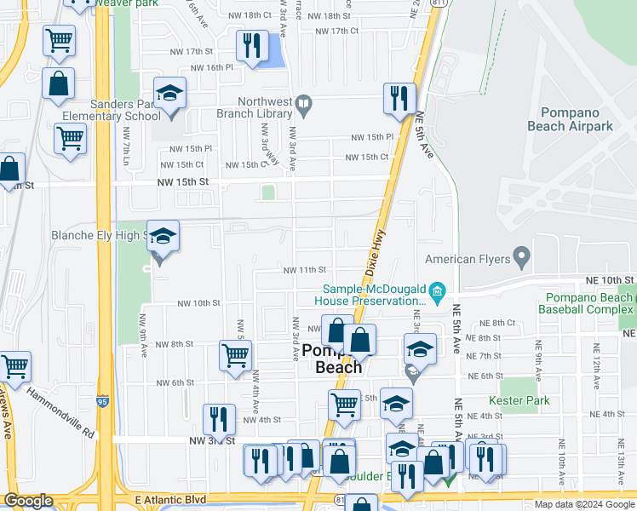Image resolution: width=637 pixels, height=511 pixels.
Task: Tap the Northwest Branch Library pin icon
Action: [303, 106]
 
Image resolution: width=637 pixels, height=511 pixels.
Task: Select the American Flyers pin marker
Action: [521, 258]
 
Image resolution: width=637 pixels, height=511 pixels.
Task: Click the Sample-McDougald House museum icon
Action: [438, 293]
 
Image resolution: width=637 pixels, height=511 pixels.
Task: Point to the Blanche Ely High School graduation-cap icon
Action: [162, 237]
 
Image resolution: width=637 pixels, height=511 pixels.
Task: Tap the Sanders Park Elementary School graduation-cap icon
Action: [169, 93]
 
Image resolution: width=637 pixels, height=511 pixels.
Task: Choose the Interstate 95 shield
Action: [103, 399]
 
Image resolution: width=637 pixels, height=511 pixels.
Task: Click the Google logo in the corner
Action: [28, 501]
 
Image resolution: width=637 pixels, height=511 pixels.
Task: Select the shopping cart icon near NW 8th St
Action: [235, 355]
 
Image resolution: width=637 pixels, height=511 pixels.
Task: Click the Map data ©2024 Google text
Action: [583, 504]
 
